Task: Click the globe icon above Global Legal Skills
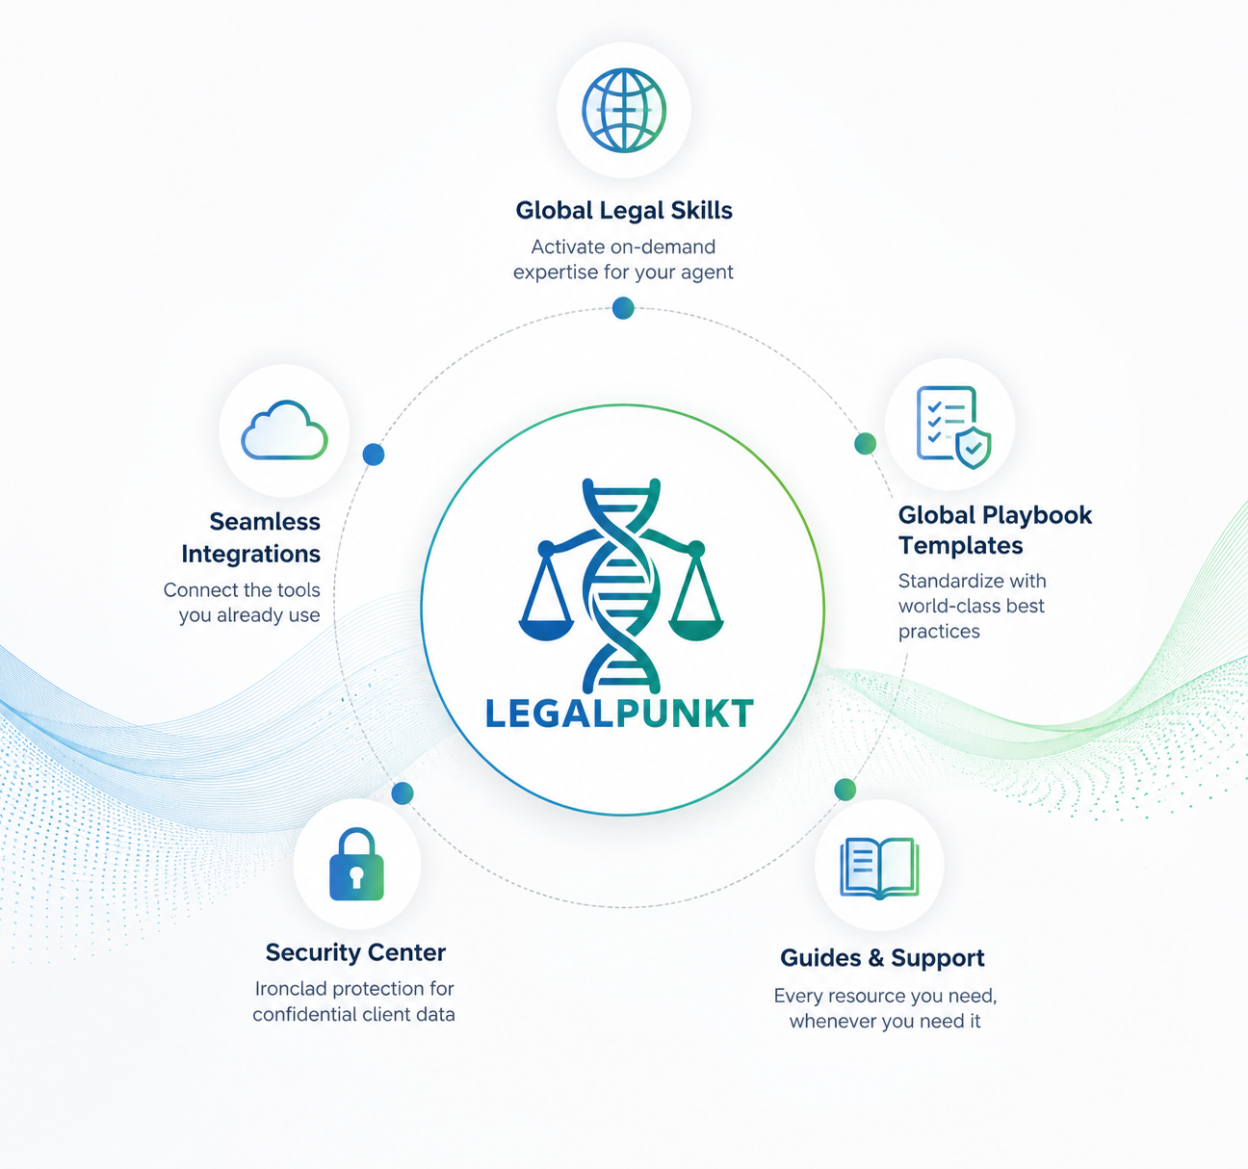coord(623,110)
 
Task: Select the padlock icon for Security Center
coord(356,864)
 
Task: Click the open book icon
coord(879,868)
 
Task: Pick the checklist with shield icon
coord(953,427)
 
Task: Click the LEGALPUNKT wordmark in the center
coord(619,714)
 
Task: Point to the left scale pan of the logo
coord(546,629)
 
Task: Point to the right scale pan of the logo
coord(695,629)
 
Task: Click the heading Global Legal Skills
coord(624,211)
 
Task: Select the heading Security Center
coord(355,952)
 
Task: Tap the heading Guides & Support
coord(882,958)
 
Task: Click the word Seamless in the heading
coord(265,522)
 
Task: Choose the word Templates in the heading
coord(960,546)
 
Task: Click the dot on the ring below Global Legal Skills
coord(623,308)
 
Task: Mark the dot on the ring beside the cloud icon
coord(374,455)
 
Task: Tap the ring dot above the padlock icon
coord(403,793)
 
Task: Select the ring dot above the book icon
coord(845,790)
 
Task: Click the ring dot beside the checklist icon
coord(866,444)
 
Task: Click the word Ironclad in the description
coord(291,989)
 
